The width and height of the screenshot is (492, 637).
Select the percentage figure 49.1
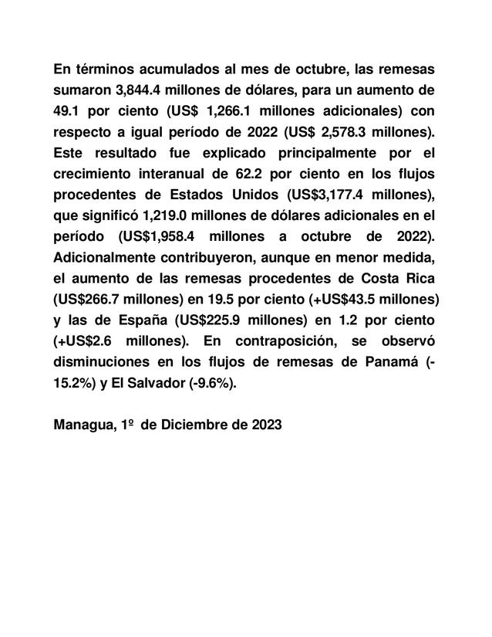pyautogui.click(x=69, y=110)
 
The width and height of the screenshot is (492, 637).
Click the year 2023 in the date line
pyautogui.click(x=264, y=423)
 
